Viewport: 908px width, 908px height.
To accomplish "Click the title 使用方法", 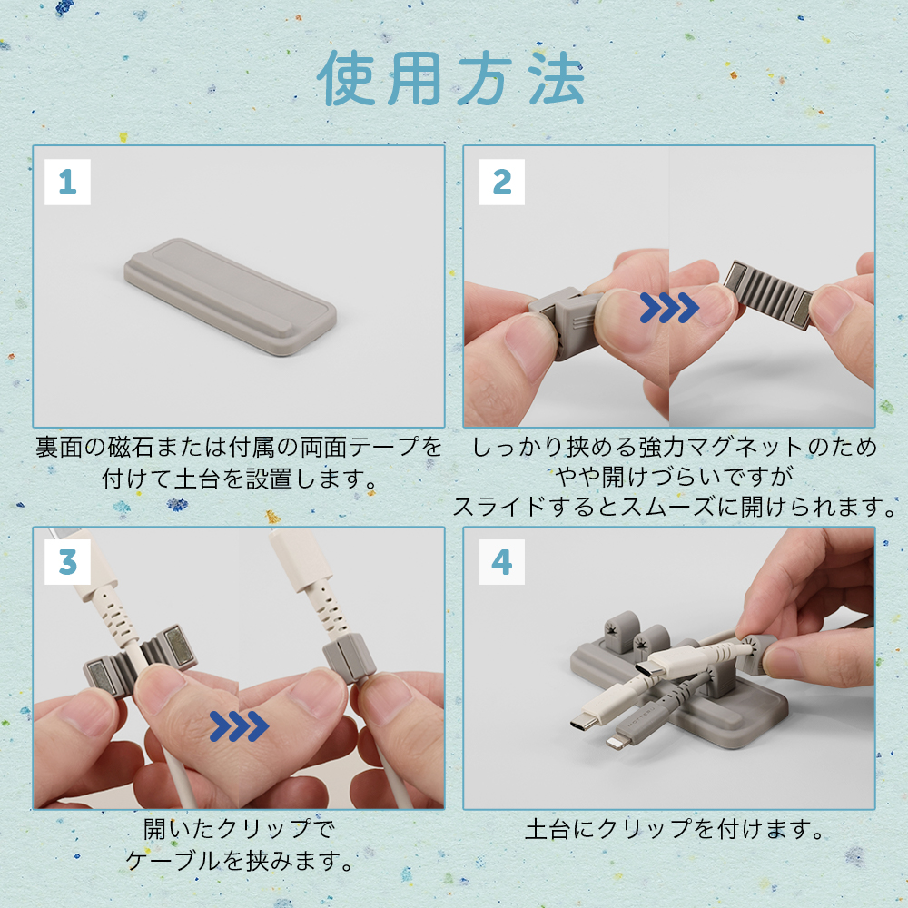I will point(451,80).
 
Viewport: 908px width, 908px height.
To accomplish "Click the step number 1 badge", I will point(67,182).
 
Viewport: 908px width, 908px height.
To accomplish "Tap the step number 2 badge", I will point(502,182).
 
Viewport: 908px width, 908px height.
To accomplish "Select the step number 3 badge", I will point(67,563).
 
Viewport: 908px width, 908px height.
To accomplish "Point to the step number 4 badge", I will point(502,563).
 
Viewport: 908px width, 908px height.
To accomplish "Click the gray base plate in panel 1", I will point(230,296).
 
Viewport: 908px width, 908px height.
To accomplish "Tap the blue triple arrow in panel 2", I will point(669,308).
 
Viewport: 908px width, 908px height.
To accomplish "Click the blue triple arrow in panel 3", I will point(238,725).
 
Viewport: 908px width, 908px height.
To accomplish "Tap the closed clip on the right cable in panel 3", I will point(347,660).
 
